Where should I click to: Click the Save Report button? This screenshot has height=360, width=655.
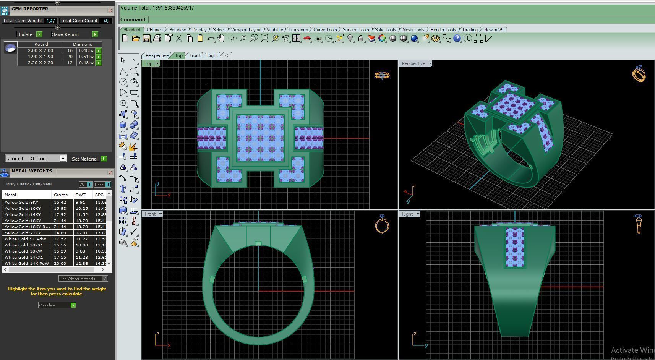(x=65, y=34)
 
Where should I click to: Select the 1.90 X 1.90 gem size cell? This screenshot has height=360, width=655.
(x=40, y=57)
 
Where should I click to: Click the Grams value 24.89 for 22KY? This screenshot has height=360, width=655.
(x=60, y=233)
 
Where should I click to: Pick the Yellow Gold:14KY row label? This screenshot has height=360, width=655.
(x=23, y=214)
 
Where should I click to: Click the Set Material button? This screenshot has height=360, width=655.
(x=85, y=159)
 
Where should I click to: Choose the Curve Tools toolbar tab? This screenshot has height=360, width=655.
(x=325, y=30)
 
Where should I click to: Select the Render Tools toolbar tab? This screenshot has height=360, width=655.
(x=443, y=30)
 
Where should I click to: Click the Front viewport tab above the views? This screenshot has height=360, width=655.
(x=195, y=55)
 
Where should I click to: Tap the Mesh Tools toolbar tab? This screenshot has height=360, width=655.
(x=413, y=30)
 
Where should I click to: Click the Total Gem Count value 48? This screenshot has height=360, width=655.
(x=106, y=21)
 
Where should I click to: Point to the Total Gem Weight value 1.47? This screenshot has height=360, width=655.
(x=50, y=21)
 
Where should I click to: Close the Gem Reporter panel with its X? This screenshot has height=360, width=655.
(x=110, y=11)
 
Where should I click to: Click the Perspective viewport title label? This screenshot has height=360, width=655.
(x=413, y=63)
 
